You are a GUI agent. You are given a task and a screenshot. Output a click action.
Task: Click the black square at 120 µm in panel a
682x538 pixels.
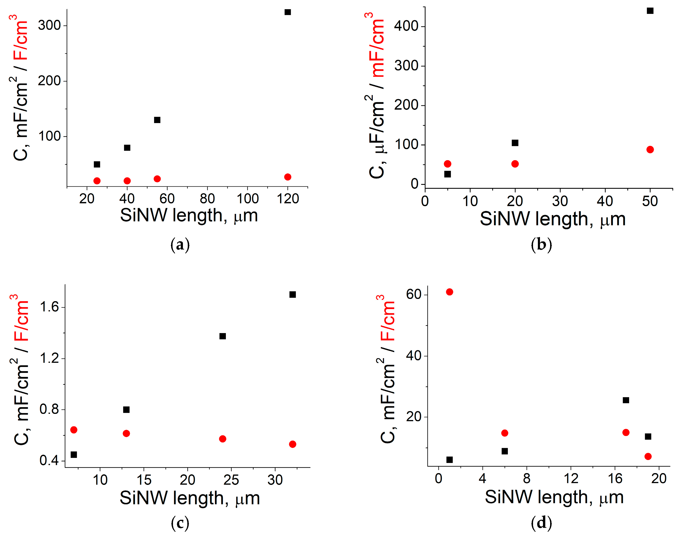288,12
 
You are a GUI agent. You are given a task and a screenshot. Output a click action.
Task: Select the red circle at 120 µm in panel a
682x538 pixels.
288,177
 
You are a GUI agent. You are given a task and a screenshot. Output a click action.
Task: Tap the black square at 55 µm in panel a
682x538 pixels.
157,120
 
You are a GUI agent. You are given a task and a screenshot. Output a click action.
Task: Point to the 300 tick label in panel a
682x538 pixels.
49,25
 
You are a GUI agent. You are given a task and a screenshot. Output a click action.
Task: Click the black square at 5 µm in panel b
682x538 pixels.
447,174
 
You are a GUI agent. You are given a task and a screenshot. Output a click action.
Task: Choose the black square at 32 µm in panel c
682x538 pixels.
292,295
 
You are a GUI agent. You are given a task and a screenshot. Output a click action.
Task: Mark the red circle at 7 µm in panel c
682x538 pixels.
74,430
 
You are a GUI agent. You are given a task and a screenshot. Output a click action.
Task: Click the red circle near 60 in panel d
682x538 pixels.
449,292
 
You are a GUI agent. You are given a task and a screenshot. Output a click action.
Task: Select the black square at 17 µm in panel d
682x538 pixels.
626,400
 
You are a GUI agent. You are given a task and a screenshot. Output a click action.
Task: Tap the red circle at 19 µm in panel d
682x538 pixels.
648,457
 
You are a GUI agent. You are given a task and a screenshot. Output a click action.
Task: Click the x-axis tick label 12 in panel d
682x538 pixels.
570,479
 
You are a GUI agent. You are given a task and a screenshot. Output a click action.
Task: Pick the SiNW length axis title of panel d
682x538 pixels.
554,498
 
